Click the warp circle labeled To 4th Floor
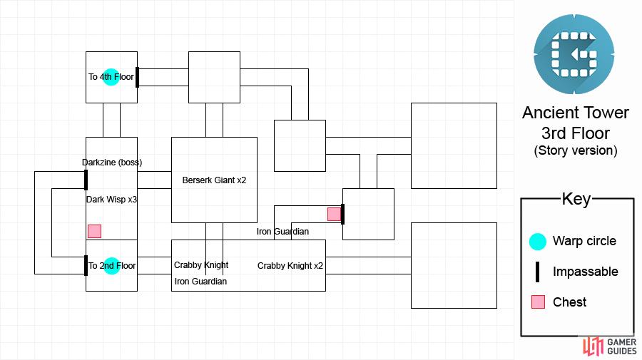[x=111, y=77]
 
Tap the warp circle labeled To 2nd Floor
[x=111, y=266]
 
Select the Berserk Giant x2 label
[x=214, y=180]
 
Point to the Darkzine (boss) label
[x=112, y=163]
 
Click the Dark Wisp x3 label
[x=111, y=200]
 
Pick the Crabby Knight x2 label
[x=290, y=266]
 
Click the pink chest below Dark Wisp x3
[x=95, y=231]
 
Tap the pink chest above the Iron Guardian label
[x=334, y=214]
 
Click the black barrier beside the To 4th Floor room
[x=137, y=77]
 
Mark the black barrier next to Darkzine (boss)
[x=86, y=180]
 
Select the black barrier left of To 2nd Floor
[x=86, y=265]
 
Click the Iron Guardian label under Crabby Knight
[x=200, y=282]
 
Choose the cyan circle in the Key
[x=538, y=242]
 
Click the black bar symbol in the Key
[x=538, y=272]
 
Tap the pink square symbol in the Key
[x=538, y=302]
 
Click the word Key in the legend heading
[x=576, y=199]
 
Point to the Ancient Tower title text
[x=576, y=113]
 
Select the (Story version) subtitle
[x=576, y=150]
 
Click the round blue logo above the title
[x=574, y=54]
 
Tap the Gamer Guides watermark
[x=610, y=346]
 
